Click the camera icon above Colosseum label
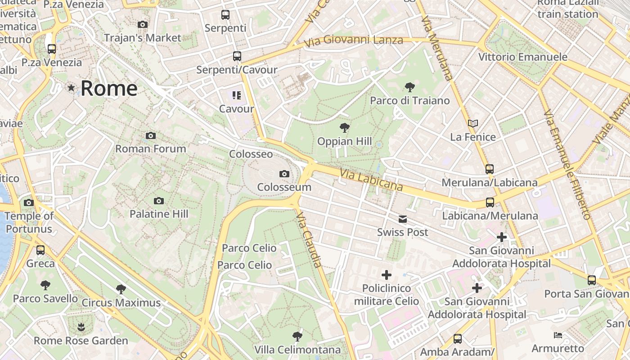pos(284,174)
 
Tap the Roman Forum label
pos(151,148)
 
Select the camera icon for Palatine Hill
pos(158,201)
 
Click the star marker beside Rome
pos(71,88)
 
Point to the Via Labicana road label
pos(371,180)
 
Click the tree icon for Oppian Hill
pos(345,128)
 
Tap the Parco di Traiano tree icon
pos(409,87)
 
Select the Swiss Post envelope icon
pos(402,219)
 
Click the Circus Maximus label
pos(121,302)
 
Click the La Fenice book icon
pos(472,123)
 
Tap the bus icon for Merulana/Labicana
pos(490,169)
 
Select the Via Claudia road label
pos(310,240)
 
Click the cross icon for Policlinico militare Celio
pos(386,274)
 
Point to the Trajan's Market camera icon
pos(143,24)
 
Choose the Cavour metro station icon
pos(237,95)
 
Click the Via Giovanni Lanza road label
pos(354,41)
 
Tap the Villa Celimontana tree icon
pos(297,336)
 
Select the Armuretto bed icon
pos(558,335)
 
